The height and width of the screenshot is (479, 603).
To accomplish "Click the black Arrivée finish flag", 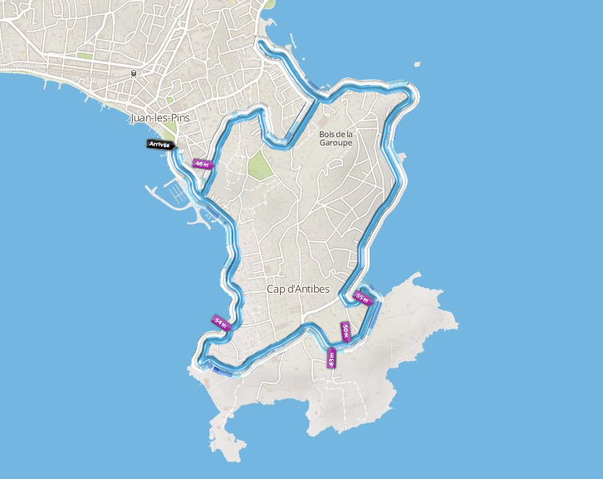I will (160, 145).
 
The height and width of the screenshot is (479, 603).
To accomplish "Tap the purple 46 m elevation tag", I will (202, 164).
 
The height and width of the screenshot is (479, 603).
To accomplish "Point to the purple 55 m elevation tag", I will (363, 297).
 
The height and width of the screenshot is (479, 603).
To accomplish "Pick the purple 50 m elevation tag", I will (346, 332).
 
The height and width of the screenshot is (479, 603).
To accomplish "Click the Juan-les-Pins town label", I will (160, 118).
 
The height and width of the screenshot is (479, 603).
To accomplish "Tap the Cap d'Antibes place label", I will (298, 289).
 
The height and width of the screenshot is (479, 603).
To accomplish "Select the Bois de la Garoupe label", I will (336, 138).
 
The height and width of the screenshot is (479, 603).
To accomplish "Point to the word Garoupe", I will (336, 143).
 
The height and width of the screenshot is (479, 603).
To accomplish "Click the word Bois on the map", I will (326, 134).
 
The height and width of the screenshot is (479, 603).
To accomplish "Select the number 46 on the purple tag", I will (199, 164).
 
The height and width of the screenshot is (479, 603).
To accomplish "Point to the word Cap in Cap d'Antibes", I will (276, 289).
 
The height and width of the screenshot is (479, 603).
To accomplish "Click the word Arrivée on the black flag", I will (159, 145).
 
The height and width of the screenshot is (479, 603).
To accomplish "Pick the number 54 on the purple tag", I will (218, 321).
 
